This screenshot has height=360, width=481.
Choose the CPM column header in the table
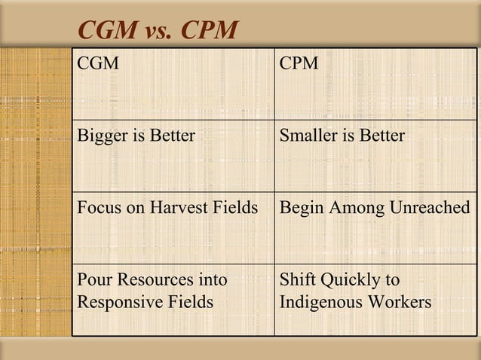[299, 64]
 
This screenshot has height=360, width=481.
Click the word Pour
[93, 280]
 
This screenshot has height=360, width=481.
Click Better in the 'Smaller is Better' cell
[381, 136]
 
